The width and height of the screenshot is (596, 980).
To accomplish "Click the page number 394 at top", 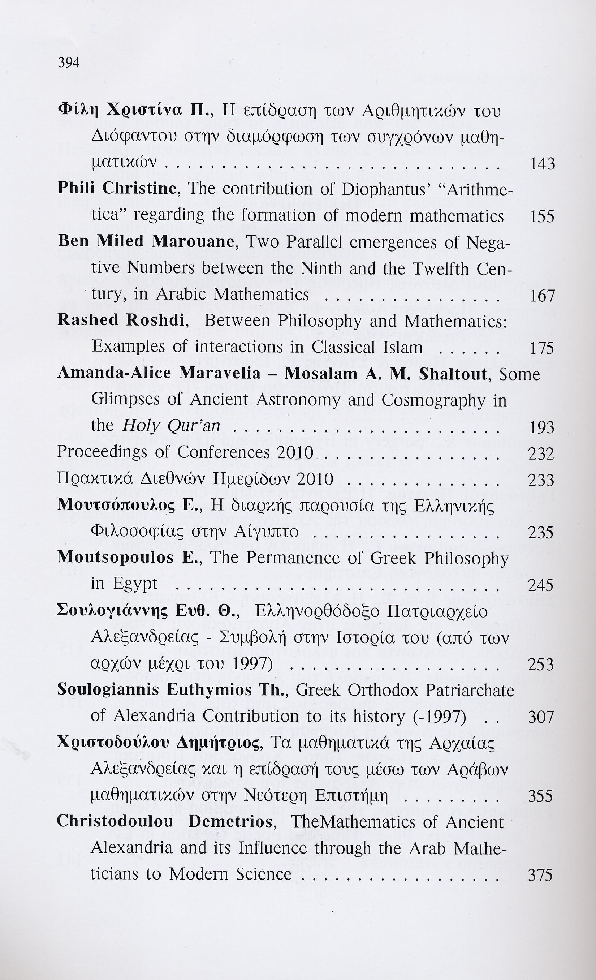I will [x=69, y=63].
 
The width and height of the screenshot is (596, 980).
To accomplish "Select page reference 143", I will [x=542, y=164].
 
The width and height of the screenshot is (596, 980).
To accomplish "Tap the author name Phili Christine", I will [x=117, y=188].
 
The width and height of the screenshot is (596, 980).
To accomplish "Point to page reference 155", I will [x=542, y=216].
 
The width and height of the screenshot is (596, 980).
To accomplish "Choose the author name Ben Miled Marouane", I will [x=146, y=241].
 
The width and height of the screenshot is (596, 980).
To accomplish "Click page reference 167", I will [x=542, y=296].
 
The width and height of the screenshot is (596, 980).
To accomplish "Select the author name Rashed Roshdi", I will [x=121, y=320].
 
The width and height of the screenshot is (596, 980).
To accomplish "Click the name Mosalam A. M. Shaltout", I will [x=386, y=374].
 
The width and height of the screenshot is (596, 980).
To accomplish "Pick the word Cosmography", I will [x=433, y=400].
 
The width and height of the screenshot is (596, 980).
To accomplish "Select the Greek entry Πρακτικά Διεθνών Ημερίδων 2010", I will [x=195, y=479].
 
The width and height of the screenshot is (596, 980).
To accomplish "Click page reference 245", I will [x=541, y=585].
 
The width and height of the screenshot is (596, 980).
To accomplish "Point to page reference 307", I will [x=541, y=717].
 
